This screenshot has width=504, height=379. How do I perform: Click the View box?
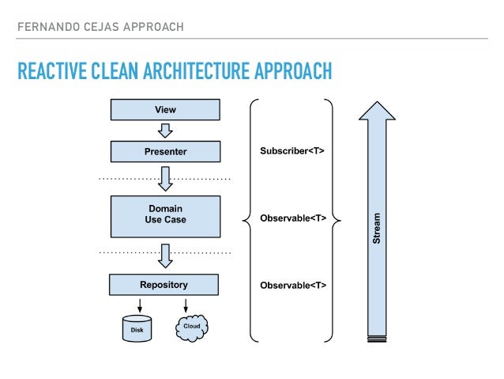coord(165,110)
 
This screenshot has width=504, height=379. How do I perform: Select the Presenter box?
coord(165,150)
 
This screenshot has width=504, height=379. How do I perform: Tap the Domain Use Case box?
coord(165,216)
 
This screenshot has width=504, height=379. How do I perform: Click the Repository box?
coord(164,284)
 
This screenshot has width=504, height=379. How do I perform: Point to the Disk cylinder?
coord(136,328)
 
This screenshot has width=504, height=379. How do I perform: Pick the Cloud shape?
coord(190,327)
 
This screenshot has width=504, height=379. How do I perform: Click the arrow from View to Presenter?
coord(165,129)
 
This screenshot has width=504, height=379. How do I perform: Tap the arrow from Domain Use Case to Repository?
coord(165,255)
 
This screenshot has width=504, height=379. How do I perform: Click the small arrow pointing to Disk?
coord(139,305)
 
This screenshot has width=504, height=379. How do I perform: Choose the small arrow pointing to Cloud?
coord(186,305)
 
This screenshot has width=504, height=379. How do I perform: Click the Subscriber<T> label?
coord(292,150)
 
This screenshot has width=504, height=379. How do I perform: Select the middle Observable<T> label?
coord(293,216)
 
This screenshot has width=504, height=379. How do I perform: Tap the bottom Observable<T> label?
coord(293,284)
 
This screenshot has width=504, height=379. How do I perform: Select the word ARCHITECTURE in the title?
coord(198,73)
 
